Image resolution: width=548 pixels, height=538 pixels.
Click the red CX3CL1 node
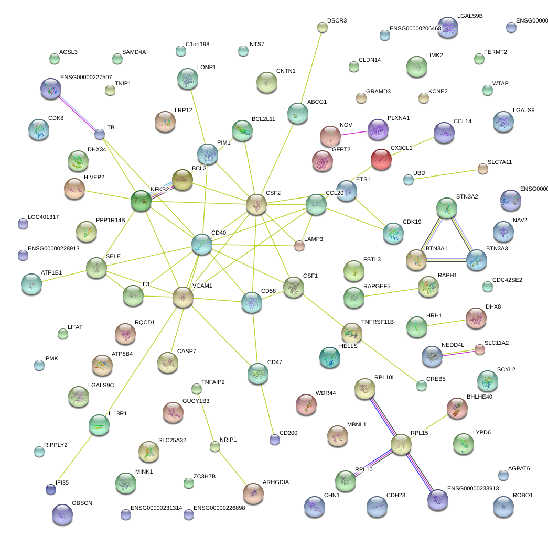point(381,159)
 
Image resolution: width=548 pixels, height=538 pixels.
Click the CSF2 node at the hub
point(256,204)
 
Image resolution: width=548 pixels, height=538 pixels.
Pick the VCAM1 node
point(183,297)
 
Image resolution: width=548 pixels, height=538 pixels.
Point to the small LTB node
point(100,134)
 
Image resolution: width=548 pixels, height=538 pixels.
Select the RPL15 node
point(401,444)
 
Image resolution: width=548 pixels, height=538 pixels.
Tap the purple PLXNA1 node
point(378,129)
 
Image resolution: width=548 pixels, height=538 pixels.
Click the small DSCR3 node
point(323,27)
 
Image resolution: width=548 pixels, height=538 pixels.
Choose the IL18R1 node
point(99,425)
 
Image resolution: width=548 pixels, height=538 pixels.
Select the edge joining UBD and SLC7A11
point(446,174)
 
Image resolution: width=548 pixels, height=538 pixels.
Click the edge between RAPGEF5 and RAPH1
point(392,291)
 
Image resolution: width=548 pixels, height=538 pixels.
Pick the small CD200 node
point(275,440)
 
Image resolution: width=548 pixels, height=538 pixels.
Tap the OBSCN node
point(62,515)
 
